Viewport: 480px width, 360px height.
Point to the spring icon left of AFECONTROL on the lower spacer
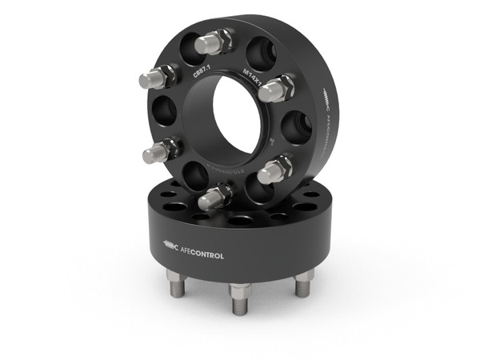click(170, 244)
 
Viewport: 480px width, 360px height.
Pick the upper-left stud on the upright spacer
click(156, 78)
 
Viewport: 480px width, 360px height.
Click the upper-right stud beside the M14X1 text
click(277, 87)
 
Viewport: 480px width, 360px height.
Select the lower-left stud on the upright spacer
click(161, 150)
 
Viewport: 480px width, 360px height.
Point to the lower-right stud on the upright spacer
click(276, 170)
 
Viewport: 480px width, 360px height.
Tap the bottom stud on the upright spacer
click(215, 196)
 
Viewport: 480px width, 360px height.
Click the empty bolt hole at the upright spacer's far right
click(298, 126)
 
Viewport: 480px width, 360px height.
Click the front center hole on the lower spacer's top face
click(239, 219)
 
